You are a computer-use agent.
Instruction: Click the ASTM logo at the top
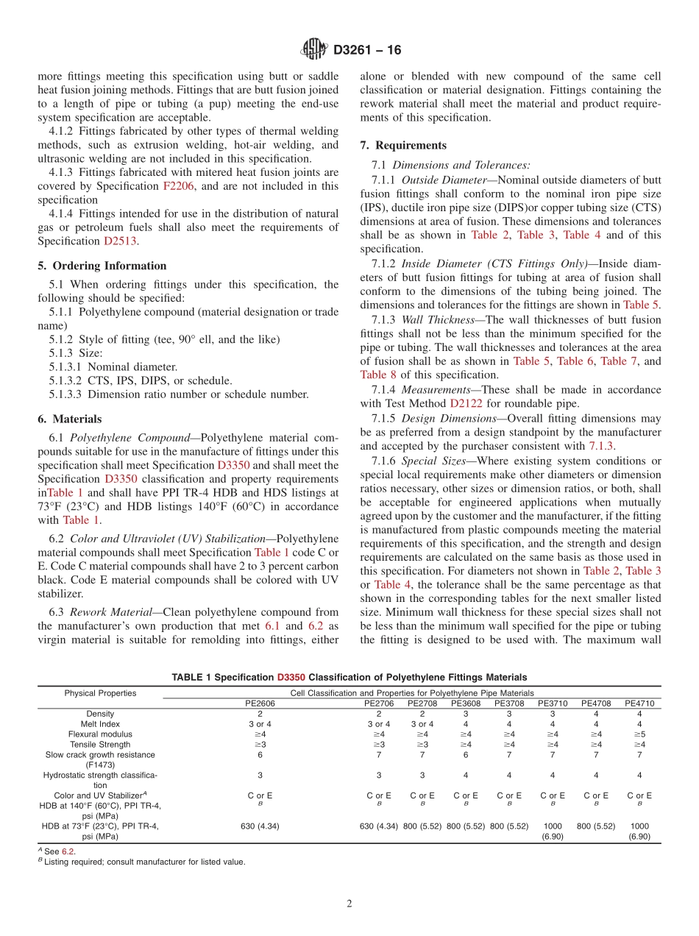(x=314, y=50)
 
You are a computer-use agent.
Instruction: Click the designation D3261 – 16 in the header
(x=367, y=51)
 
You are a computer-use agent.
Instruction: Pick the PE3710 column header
(x=553, y=703)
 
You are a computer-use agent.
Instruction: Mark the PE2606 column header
(x=260, y=703)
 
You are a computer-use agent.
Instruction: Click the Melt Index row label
(x=100, y=724)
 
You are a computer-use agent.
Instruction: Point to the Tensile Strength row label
(x=100, y=745)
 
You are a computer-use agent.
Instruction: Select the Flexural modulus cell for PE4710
(x=639, y=734)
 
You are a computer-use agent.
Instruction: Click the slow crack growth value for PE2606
(x=260, y=755)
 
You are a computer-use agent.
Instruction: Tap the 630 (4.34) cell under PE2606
(x=260, y=826)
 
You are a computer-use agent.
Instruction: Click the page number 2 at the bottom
(x=349, y=904)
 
